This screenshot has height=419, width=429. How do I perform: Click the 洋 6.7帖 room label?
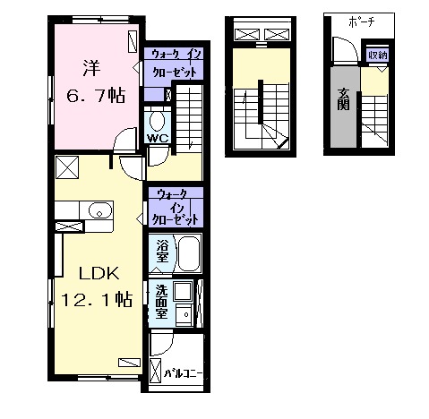(96, 82)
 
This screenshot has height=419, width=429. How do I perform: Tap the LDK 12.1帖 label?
(97, 286)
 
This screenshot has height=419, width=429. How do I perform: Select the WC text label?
(158, 138)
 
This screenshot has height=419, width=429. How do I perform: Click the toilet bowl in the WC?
(157, 122)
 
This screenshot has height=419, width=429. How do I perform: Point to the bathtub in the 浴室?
(189, 252)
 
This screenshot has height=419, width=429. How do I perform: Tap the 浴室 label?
(162, 252)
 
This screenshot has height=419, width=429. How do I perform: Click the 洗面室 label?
(161, 302)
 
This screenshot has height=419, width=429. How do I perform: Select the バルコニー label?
(184, 373)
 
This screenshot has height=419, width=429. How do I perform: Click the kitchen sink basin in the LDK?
(100, 210)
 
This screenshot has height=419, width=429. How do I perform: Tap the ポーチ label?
(362, 22)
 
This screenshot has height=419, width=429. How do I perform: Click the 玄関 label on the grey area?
(343, 99)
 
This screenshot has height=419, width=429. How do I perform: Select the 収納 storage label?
(378, 56)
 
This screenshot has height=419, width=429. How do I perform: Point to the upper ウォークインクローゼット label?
(175, 64)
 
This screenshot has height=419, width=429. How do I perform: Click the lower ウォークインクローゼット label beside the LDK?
(176, 207)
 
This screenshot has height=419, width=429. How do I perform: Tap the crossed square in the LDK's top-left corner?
(67, 167)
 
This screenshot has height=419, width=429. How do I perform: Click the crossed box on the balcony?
(155, 371)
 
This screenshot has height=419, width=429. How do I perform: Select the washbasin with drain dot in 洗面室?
(184, 315)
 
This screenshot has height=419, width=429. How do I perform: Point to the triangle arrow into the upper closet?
(135, 67)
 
